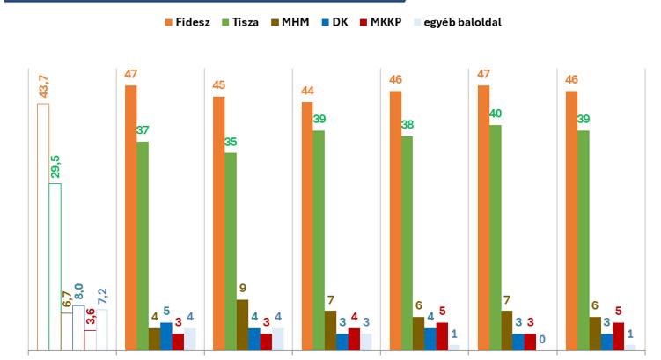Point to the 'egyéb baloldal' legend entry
point(459,21)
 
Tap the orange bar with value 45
point(218,224)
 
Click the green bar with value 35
point(231,252)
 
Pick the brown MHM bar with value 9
point(242,325)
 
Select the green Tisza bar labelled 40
point(495,238)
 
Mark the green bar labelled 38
point(407,243)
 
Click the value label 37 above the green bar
point(143,129)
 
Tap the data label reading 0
point(542,339)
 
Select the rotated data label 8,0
point(78,293)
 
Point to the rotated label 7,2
point(102,297)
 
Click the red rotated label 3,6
point(90,317)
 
